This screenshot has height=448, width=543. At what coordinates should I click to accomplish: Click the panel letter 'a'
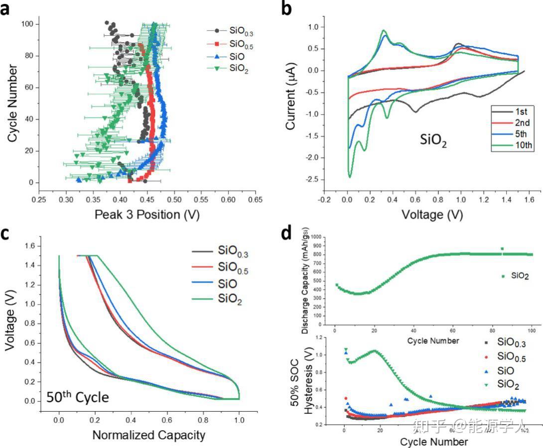coord(6,9)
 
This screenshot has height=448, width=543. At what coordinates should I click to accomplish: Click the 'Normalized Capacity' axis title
coord(148,435)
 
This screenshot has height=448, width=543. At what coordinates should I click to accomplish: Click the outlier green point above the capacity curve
coord(502,248)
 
